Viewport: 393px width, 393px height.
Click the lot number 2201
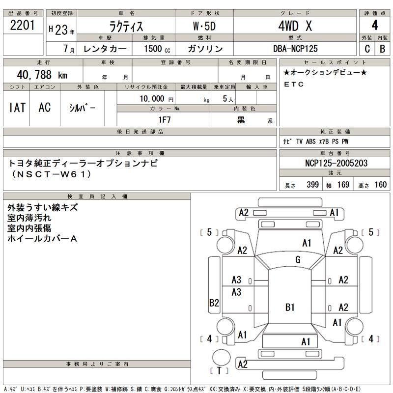[x=22, y=26]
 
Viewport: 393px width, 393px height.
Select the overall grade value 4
[x=375, y=26]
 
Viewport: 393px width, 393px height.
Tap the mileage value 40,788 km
[x=42, y=75]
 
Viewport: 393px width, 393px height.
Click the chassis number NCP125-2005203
[x=334, y=163]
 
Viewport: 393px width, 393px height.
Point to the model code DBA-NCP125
[x=302, y=49]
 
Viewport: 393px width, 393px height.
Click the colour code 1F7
[x=164, y=119]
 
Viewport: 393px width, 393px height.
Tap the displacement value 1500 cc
[x=157, y=49]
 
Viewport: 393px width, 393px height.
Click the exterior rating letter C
[x=367, y=49]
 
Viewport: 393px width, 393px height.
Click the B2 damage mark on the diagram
[x=214, y=303]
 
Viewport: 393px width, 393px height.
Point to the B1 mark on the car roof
[x=290, y=308]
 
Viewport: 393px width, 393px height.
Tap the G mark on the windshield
[x=298, y=260]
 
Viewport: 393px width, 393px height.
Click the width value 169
[x=343, y=185]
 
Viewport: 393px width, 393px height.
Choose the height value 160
[x=380, y=185]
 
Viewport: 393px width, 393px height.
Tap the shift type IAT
[x=17, y=108]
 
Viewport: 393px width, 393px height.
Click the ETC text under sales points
[x=294, y=84]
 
